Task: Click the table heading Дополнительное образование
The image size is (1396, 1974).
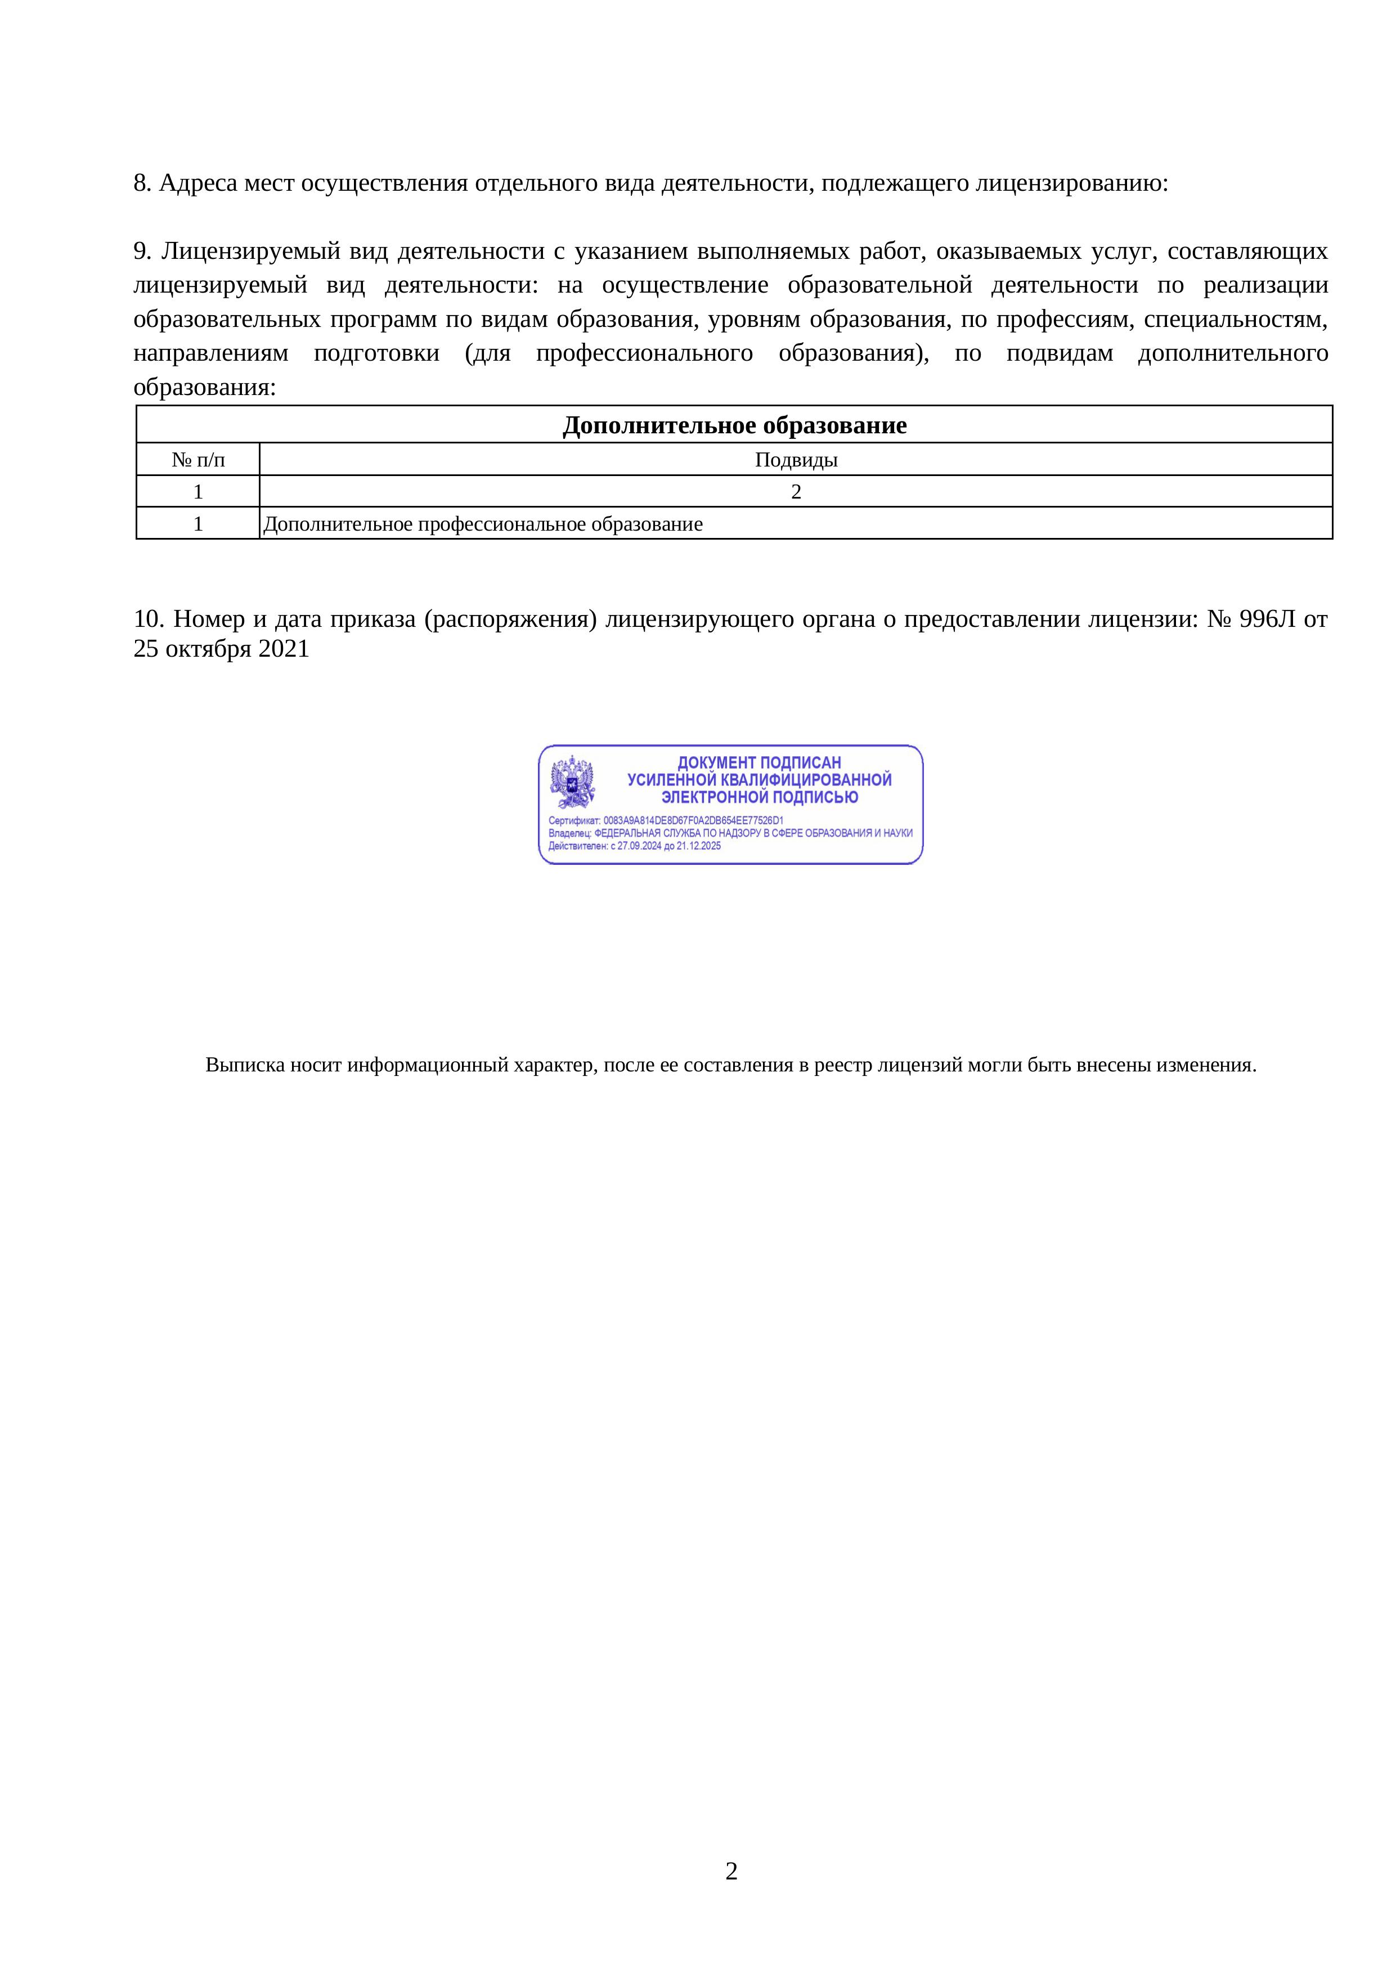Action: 734,425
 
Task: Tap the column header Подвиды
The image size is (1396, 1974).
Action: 796,460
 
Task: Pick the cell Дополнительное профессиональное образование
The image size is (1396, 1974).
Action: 483,524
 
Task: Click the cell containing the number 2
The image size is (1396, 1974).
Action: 796,492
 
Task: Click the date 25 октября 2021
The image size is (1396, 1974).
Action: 221,649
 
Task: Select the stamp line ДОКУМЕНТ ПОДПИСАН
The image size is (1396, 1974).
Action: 759,762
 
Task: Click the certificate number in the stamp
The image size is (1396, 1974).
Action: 693,820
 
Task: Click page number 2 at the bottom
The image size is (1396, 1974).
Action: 731,1871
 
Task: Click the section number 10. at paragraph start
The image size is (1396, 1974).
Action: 148,619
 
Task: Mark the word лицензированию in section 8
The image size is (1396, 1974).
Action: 1070,183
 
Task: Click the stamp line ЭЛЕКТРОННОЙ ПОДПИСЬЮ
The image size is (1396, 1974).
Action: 759,797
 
